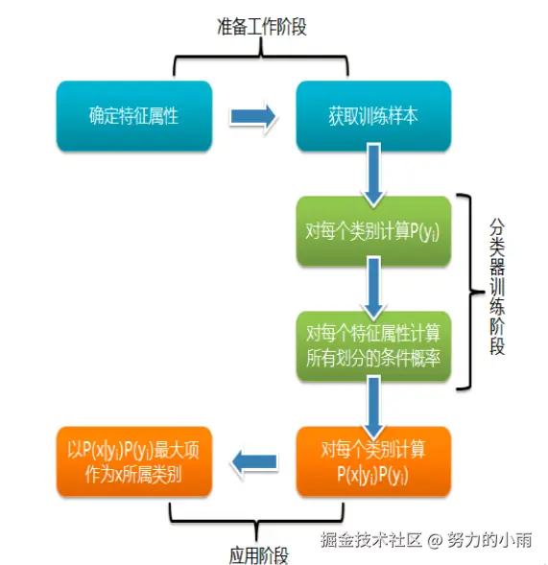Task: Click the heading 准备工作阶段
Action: point(262,27)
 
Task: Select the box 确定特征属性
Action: point(134,116)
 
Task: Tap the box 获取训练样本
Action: point(373,116)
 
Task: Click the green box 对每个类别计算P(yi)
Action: point(373,231)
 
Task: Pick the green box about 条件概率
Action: point(373,346)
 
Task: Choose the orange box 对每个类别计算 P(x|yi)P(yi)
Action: point(373,461)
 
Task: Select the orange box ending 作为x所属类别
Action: point(134,461)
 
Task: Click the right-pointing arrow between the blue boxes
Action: point(253,116)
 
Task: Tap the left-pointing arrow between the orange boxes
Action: point(253,461)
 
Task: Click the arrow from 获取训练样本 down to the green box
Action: point(373,175)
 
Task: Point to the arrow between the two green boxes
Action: point(373,289)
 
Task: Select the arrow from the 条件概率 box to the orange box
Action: point(373,406)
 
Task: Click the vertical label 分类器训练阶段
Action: point(497,287)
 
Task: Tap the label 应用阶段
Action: point(259,554)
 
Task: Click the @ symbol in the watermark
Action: point(435,540)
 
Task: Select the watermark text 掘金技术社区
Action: point(371,540)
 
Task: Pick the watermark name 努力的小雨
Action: point(489,540)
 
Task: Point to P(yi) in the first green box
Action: point(425,231)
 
